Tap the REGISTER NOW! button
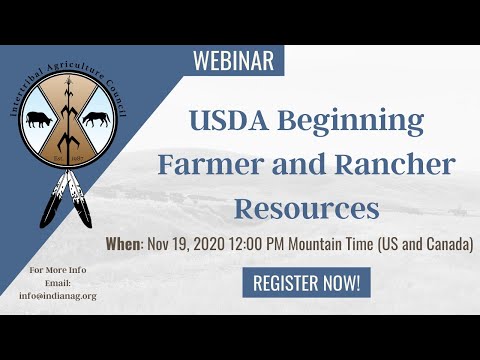[307, 283]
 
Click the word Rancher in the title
[396, 165]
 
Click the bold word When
[123, 243]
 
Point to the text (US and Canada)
[430, 243]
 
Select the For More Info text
[56, 271]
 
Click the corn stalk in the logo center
[71, 110]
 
